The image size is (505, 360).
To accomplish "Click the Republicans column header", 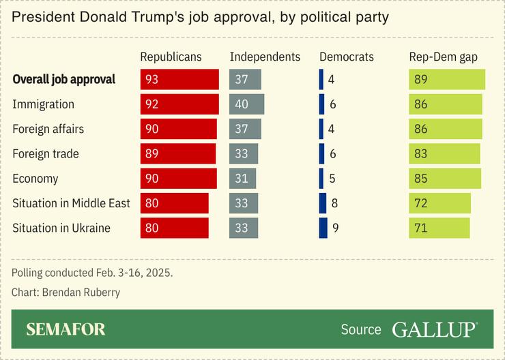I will click(171, 57).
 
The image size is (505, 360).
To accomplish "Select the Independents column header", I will click(265, 57).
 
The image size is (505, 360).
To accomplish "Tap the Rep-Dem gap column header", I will click(444, 57).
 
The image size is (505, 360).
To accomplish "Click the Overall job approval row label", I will click(64, 79).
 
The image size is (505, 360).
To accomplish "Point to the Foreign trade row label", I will click(46, 153).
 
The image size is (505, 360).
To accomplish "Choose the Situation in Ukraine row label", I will click(61, 228).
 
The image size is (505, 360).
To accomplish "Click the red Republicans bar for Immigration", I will click(179, 104).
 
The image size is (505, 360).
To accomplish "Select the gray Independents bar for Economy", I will click(242, 179).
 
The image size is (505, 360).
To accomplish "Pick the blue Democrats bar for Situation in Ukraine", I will click(323, 228).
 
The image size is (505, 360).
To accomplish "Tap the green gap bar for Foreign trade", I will click(444, 153).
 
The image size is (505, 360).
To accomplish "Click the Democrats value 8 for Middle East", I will click(334, 203).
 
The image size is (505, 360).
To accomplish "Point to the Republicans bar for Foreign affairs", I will click(179, 129).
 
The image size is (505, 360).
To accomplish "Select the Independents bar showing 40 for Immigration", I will click(246, 104).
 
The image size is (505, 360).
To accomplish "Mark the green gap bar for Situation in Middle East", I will click(439, 203).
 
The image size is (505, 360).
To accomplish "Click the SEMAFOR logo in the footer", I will click(66, 330).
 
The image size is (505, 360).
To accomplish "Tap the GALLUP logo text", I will click(435, 330).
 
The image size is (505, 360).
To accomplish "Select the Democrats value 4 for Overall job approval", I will click(331, 79).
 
